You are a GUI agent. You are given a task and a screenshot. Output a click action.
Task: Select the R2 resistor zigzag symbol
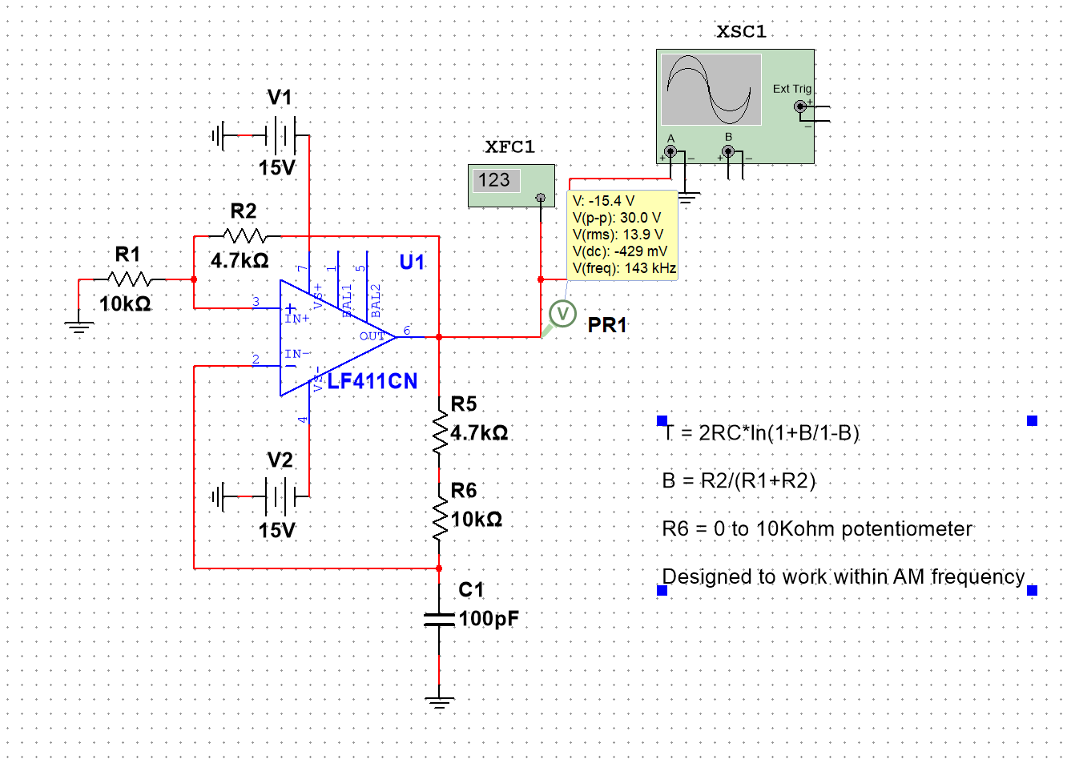(x=244, y=236)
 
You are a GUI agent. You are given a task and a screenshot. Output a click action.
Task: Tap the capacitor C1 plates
(x=439, y=618)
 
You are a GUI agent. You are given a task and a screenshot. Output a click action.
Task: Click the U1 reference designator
(x=412, y=262)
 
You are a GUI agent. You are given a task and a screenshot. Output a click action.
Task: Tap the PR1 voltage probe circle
(x=564, y=314)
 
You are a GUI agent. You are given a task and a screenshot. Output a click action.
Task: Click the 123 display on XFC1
(x=494, y=180)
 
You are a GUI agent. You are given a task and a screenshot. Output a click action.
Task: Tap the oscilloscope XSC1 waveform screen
(x=711, y=90)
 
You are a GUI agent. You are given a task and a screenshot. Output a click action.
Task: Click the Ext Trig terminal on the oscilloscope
(x=799, y=106)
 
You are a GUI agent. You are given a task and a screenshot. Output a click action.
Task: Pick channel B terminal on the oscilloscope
(x=728, y=151)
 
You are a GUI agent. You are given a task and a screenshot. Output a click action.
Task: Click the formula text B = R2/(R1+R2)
(x=739, y=480)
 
